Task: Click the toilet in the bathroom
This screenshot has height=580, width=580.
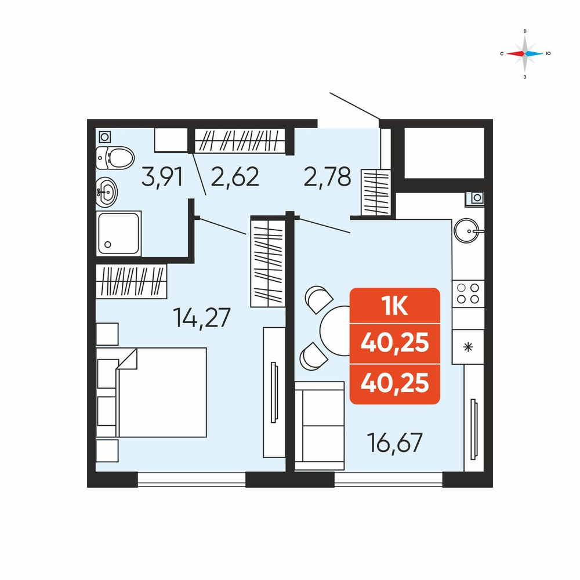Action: [x=115, y=158]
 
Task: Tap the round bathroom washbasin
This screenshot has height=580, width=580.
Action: [x=107, y=191]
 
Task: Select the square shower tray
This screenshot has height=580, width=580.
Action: [x=119, y=233]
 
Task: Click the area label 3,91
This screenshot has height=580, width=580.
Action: [x=162, y=177]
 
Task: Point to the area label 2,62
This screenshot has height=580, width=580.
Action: [x=235, y=177]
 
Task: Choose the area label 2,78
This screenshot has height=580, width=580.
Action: [x=327, y=177]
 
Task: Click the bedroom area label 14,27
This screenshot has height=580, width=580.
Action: [x=202, y=317]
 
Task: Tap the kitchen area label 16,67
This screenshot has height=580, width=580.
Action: [x=394, y=442]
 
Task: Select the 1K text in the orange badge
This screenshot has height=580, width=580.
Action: [x=395, y=306]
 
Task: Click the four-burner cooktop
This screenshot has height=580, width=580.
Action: [x=468, y=293]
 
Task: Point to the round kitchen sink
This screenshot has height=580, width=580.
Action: [x=467, y=231]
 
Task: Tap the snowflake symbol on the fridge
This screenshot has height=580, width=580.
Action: [x=468, y=347]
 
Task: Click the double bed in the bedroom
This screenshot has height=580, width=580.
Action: [x=151, y=392]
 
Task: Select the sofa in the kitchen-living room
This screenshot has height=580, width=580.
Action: [x=320, y=426]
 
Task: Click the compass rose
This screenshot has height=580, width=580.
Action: [x=525, y=53]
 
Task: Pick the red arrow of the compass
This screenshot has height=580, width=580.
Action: [x=516, y=53]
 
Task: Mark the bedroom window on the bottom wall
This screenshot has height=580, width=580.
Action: [x=191, y=480]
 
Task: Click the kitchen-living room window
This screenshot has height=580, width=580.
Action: [x=389, y=480]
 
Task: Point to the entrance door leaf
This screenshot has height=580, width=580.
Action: [x=355, y=106]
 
